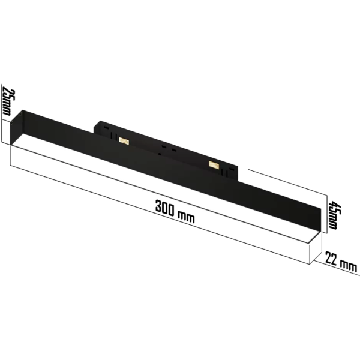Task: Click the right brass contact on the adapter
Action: (x=213, y=163)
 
